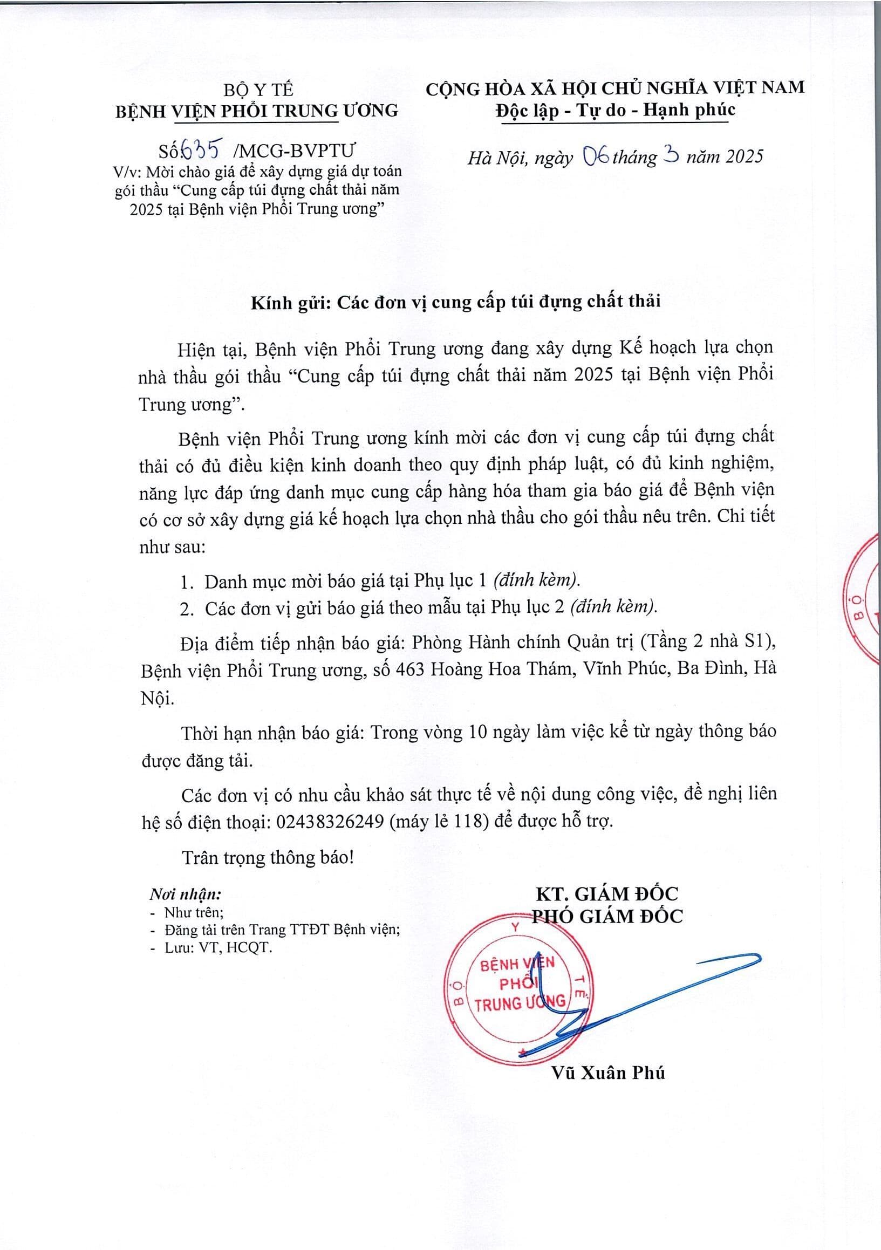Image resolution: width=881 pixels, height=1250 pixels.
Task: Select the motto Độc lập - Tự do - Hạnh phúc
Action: click(x=615, y=111)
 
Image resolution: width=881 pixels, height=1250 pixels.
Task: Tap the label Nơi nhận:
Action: click(x=185, y=894)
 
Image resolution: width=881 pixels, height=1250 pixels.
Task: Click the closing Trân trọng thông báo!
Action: click(x=268, y=857)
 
